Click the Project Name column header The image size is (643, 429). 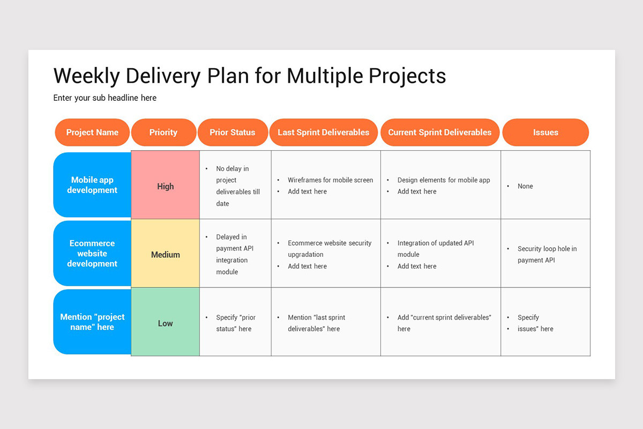click(92, 132)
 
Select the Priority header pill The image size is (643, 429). click(163, 132)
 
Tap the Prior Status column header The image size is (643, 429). click(233, 132)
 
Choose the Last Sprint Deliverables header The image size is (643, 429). click(324, 132)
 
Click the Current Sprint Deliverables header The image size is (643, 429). click(439, 132)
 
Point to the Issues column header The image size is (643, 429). click(545, 132)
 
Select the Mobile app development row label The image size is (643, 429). click(92, 185)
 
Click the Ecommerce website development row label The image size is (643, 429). click(92, 253)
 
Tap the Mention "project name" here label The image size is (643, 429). click(92, 322)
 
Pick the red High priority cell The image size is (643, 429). click(166, 186)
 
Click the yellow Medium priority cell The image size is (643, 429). click(166, 255)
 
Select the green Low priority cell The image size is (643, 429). click(166, 323)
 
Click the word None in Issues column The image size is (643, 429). click(525, 186)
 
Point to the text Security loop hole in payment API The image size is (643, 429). click(547, 254)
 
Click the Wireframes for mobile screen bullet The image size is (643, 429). click(330, 180)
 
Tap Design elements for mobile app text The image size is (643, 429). click(444, 180)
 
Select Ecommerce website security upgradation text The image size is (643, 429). click(329, 248)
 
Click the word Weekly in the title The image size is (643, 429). click(86, 76)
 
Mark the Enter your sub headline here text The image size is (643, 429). click(105, 98)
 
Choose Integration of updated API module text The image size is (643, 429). click(435, 248)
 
